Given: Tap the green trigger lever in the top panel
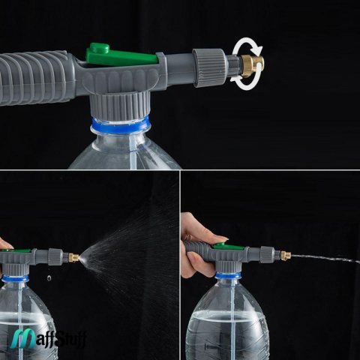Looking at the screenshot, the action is (x=122, y=55).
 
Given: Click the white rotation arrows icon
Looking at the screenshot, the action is (x=247, y=64).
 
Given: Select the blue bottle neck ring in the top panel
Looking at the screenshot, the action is (x=121, y=124).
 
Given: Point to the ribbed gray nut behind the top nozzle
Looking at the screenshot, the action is (x=209, y=67).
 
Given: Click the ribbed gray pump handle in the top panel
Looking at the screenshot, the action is (x=35, y=77).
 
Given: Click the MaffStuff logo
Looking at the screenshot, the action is (x=48, y=339).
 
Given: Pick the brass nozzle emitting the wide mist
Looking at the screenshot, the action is (x=73, y=257).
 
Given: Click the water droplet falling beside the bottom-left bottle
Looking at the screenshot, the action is (x=49, y=277).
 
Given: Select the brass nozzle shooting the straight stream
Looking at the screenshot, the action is (x=286, y=256).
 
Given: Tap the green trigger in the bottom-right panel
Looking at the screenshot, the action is (x=229, y=246).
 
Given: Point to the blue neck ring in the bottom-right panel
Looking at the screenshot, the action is (x=228, y=275).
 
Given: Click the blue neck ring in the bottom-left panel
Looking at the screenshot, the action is (x=15, y=278).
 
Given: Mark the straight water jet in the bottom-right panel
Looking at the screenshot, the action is (x=325, y=258).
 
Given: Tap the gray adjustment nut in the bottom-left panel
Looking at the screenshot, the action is (x=55, y=256).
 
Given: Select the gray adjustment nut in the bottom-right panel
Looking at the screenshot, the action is (x=267, y=254).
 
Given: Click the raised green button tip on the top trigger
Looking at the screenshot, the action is (x=100, y=47).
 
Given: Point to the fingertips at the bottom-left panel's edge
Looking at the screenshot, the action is (x=4, y=244).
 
